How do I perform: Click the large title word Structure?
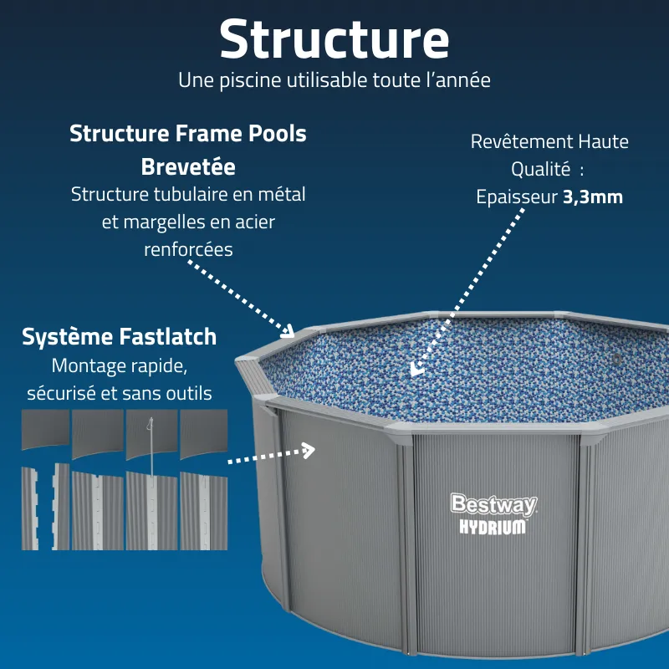(334, 39)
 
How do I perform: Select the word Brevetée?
(188, 166)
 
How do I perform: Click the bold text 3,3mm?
(593, 197)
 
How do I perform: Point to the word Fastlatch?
(168, 337)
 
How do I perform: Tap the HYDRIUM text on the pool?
(493, 527)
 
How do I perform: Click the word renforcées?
(188, 249)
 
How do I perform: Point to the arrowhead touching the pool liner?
(416, 370)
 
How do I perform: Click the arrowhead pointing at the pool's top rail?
(288, 329)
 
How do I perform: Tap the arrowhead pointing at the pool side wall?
(309, 451)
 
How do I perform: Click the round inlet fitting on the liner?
(616, 359)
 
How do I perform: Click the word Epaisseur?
(517, 197)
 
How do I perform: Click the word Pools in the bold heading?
(278, 134)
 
